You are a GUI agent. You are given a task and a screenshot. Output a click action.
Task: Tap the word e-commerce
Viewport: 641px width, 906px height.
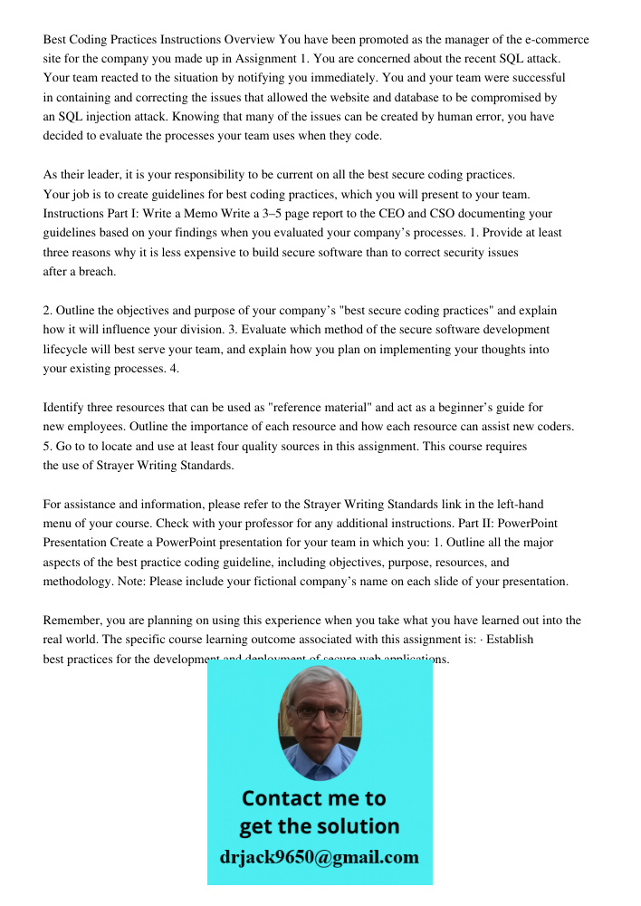click(552, 40)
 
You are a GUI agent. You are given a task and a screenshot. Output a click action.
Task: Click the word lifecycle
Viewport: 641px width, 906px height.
click(72, 349)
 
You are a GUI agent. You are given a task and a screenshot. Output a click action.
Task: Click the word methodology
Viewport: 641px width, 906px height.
click(78, 581)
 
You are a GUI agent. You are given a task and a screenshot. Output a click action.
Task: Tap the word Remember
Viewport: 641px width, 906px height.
click(72, 621)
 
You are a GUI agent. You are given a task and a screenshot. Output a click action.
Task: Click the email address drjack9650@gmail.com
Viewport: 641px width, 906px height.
click(320, 857)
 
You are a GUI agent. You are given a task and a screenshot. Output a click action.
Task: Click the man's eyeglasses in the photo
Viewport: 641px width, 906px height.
click(320, 712)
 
